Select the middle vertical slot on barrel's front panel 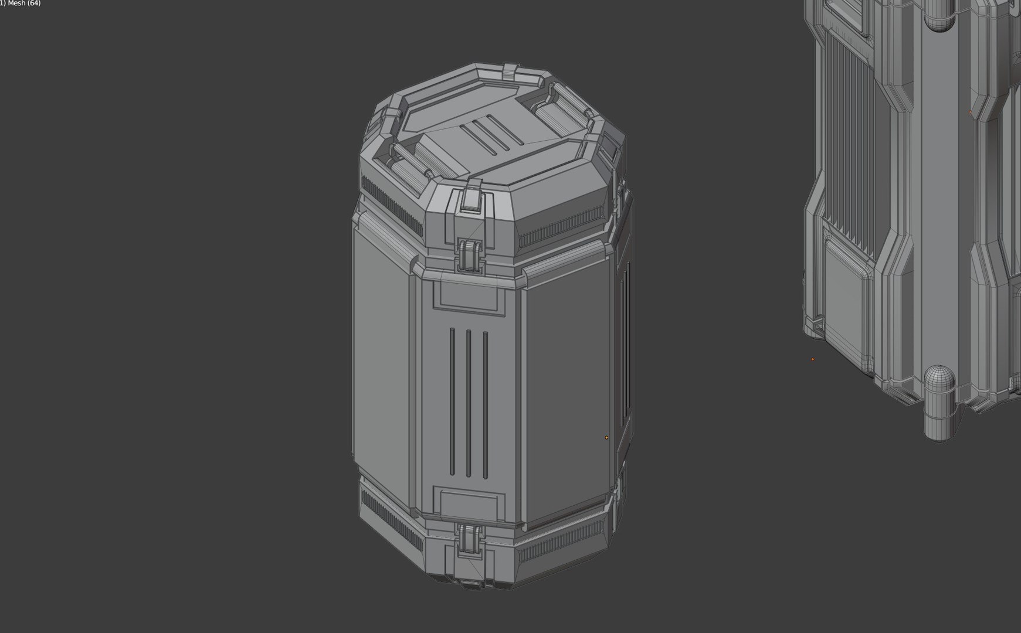(x=468, y=403)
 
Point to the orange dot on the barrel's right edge (x=606, y=437)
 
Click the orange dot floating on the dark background (x=813, y=359)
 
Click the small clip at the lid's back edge (x=511, y=72)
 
